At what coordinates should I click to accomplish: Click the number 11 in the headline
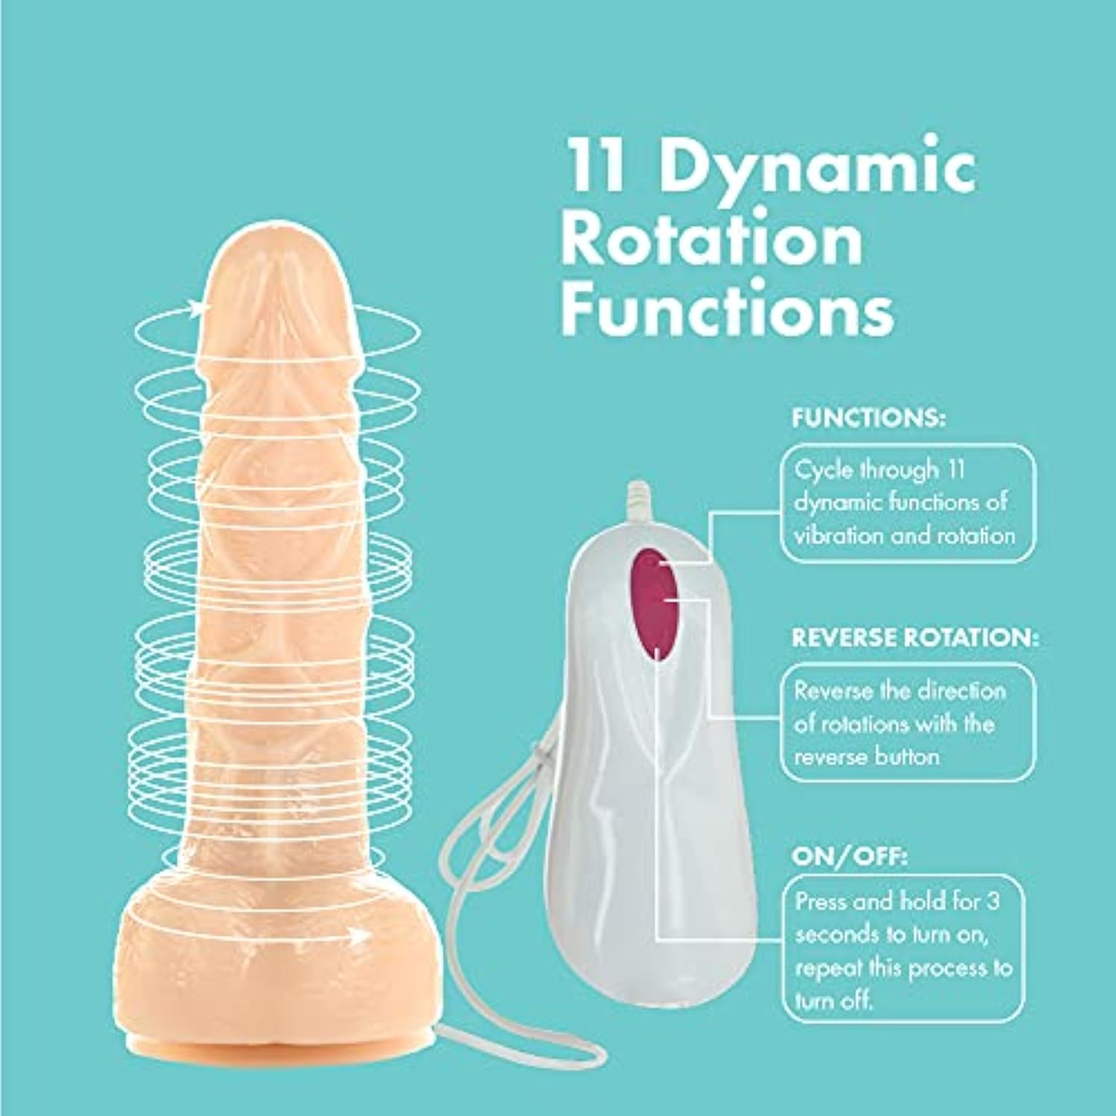pos(593,167)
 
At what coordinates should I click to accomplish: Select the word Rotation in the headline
pos(711,240)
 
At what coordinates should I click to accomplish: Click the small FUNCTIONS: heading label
pos(868,418)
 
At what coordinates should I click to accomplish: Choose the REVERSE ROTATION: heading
pos(914,638)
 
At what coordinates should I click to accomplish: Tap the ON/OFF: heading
pos(849,857)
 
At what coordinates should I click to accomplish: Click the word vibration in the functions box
pos(839,536)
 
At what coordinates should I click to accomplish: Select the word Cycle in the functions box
pos(823,470)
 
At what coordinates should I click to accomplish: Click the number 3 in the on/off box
pos(992,901)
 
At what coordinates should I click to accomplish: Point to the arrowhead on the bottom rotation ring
pos(362,935)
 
